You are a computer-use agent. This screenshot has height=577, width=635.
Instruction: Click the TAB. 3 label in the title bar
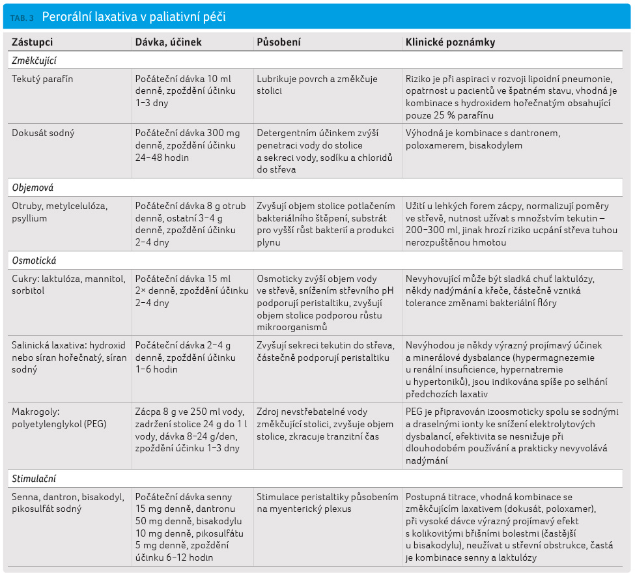pyautogui.click(x=22, y=18)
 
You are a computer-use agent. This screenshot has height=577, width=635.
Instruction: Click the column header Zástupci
pyautogui.click(x=32, y=42)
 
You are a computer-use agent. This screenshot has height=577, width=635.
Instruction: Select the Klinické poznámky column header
pyautogui.click(x=450, y=42)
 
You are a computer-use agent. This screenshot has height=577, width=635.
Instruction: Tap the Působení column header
pyautogui.click(x=279, y=42)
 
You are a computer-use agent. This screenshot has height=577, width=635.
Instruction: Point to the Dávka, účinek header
pyautogui.click(x=168, y=42)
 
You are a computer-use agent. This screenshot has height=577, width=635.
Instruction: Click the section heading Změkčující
pyautogui.click(x=34, y=61)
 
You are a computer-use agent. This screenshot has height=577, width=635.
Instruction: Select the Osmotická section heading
pyautogui.click(x=34, y=260)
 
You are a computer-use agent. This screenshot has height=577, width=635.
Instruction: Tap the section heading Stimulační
pyautogui.click(x=34, y=479)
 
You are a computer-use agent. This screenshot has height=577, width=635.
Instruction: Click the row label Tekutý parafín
pyautogui.click(x=42, y=79)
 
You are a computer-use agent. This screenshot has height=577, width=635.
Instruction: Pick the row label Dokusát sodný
pyautogui.click(x=43, y=134)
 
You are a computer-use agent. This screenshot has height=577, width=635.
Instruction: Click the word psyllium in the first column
pyautogui.click(x=29, y=219)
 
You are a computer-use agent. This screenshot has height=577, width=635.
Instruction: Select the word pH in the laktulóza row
pyautogui.click(x=388, y=290)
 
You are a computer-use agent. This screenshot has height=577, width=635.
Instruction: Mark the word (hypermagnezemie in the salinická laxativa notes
pyautogui.click(x=561, y=358)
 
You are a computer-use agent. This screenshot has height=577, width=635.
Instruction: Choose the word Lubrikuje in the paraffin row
pyautogui.click(x=275, y=79)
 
